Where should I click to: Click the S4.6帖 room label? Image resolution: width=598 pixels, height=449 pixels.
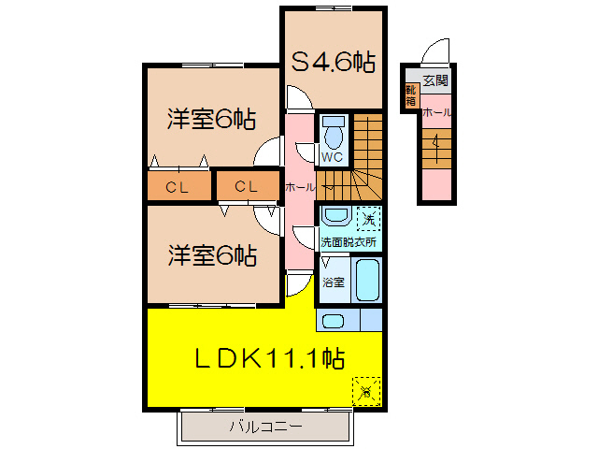tap(334, 63)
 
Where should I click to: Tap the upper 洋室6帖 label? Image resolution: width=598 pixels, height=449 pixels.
tap(211, 120)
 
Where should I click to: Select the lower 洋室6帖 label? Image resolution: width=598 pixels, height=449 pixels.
tap(212, 253)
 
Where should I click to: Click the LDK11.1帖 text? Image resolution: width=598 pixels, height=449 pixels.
tap(270, 356)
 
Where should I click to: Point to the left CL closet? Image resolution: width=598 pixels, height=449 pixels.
tap(178, 187)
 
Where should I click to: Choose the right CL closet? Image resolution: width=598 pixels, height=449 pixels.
tap(247, 187)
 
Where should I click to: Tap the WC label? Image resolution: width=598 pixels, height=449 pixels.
tap(333, 157)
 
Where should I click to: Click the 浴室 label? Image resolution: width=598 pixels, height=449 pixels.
tap(333, 281)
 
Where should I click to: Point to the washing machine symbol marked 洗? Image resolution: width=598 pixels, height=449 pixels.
tap(370, 219)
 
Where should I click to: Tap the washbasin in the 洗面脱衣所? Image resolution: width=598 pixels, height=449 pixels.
tap(335, 217)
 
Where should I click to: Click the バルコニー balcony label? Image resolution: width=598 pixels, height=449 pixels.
tap(266, 427)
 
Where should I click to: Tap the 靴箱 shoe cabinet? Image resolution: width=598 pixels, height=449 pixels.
tap(410, 94)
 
